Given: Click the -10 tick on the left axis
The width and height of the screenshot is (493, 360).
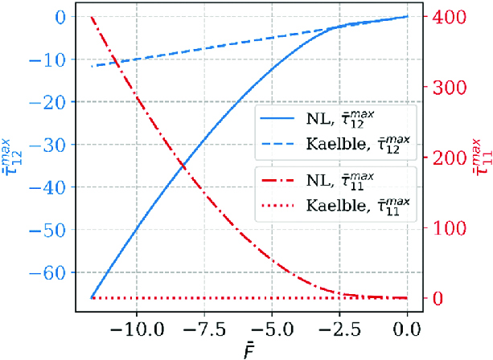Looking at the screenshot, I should [x=56, y=59].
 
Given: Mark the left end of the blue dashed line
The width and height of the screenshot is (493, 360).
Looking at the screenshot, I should [x=93, y=66].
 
